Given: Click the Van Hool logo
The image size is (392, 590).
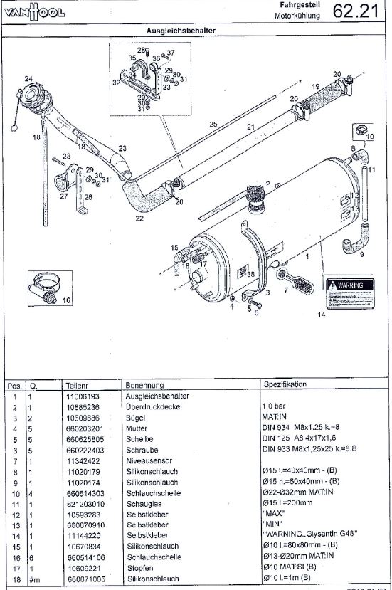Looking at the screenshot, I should pos(34,12).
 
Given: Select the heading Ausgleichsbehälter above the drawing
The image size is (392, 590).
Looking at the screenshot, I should pos(181,31).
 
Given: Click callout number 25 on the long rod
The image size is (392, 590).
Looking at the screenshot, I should pos(212,124).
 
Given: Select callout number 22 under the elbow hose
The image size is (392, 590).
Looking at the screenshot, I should pos(139,218).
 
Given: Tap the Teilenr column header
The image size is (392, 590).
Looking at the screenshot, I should pos(79,384).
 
